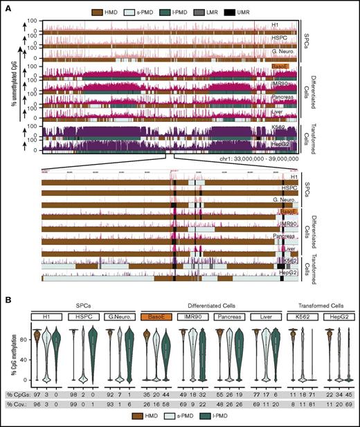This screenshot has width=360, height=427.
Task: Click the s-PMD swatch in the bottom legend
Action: coord(165,420)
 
